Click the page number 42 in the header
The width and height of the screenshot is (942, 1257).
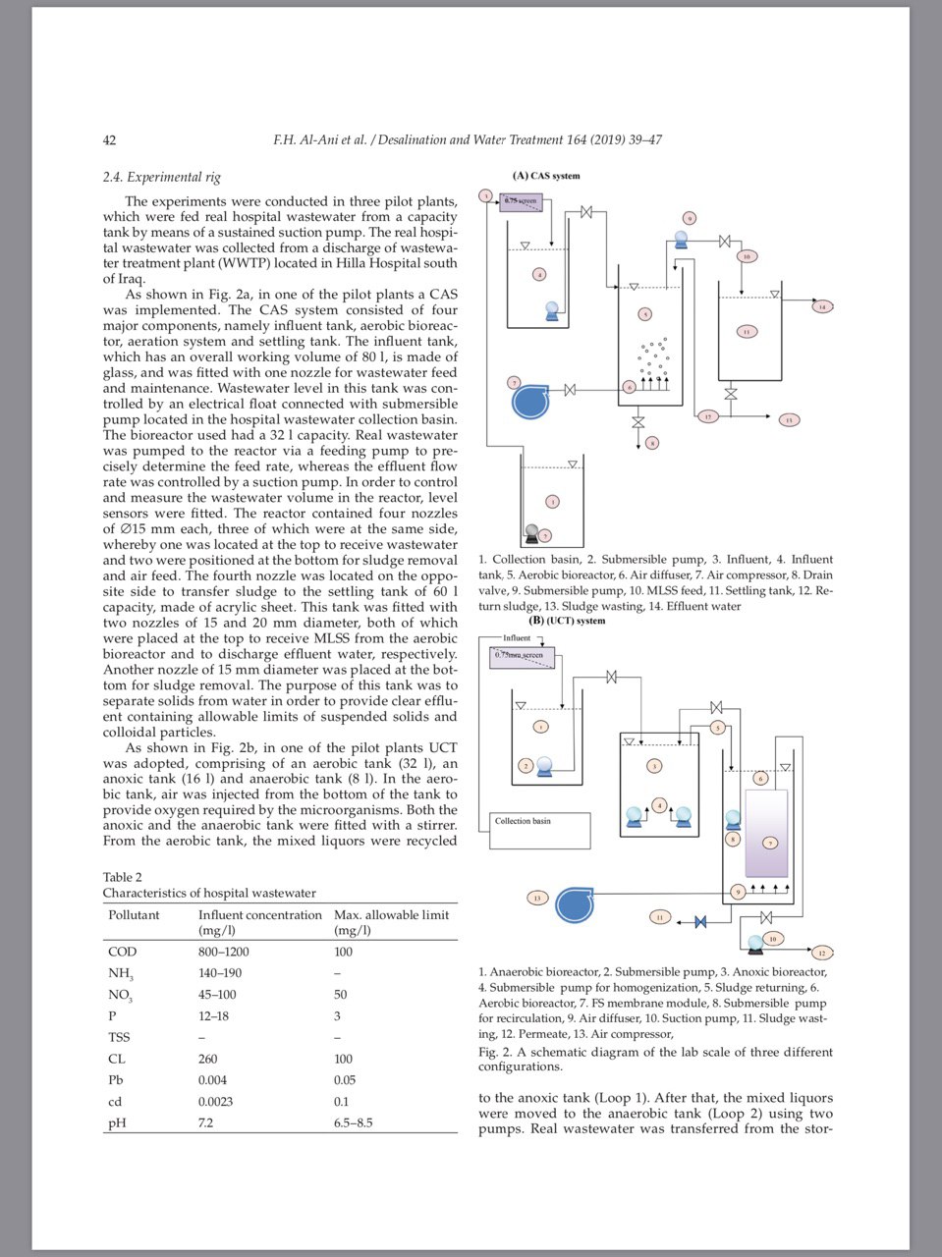point(110,140)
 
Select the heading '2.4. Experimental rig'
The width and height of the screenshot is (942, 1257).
point(162,178)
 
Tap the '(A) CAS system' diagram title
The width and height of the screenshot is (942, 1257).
point(546,176)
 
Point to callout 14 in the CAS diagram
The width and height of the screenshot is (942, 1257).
point(822,307)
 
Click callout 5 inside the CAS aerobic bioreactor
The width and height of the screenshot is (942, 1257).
point(644,314)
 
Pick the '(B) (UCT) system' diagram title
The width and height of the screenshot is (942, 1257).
point(567,621)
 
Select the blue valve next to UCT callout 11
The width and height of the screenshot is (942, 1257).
point(700,921)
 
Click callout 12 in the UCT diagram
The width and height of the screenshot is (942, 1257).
point(822,953)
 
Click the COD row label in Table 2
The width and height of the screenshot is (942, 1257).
point(123,952)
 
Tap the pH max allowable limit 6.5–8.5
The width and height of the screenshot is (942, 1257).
point(354,1122)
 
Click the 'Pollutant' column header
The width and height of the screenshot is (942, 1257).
point(134,914)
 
